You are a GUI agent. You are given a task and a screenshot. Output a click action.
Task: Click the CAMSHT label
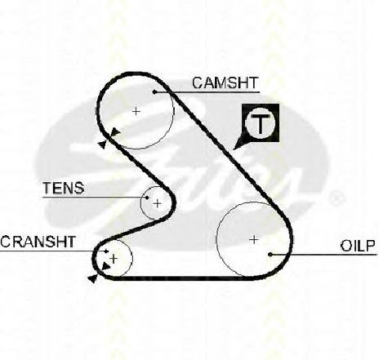click(225, 82)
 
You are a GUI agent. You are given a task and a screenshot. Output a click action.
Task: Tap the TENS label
click(64, 188)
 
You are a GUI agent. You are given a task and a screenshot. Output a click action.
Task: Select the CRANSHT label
click(38, 242)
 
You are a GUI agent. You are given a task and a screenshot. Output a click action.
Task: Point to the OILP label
click(358, 246)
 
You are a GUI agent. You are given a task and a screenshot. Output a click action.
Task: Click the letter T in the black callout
click(261, 123)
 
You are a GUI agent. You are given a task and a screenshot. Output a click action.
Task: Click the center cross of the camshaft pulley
click(136, 111)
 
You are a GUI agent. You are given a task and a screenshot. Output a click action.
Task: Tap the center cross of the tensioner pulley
click(158, 203)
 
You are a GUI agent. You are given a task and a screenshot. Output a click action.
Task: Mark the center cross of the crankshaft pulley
click(114, 259)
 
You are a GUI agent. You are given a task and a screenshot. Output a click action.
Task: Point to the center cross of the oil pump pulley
click(254, 240)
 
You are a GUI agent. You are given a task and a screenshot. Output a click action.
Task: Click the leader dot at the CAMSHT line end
click(154, 92)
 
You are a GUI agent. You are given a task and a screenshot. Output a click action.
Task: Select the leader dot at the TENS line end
click(147, 198)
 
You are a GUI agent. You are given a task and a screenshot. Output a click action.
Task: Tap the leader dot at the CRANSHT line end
click(106, 251)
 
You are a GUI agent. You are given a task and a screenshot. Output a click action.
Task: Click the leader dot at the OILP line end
click(270, 255)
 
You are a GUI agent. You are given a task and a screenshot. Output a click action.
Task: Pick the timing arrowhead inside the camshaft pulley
click(116, 131)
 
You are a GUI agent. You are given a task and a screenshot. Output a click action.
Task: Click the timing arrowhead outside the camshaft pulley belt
click(102, 144)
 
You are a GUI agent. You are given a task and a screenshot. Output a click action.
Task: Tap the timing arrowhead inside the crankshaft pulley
click(106, 267)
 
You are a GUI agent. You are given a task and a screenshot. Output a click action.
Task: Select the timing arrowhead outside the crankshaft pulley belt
click(93, 278)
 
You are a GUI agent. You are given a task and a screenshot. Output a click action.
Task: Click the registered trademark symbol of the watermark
click(336, 198)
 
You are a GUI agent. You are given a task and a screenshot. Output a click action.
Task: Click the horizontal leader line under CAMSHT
click(207, 92)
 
